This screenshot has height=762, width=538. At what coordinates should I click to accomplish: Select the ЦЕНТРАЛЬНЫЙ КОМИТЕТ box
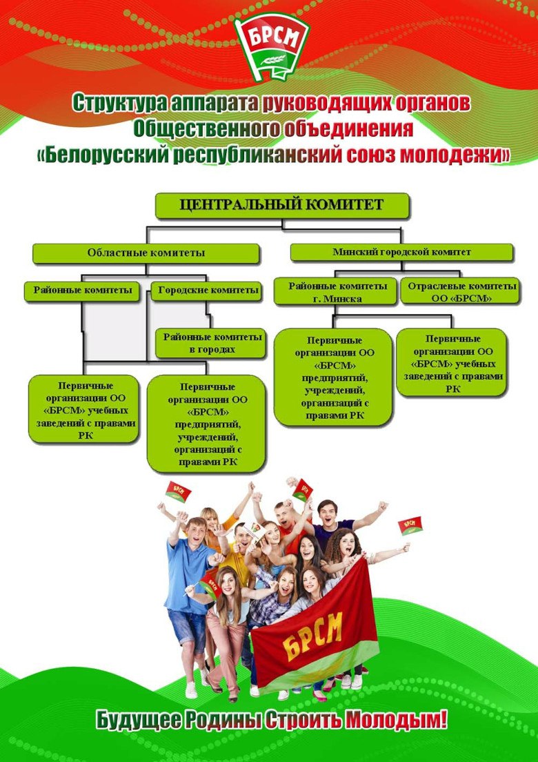[282, 205]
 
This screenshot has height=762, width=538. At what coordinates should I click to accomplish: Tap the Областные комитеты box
[146, 253]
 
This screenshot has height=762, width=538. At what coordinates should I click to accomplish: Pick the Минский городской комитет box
[401, 253]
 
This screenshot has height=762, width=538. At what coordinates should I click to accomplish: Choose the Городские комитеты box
[208, 291]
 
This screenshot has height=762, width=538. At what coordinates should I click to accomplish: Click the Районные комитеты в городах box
[210, 343]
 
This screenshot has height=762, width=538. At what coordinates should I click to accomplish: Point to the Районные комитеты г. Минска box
[335, 291]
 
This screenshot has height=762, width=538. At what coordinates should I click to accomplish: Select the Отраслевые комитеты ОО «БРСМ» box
[461, 291]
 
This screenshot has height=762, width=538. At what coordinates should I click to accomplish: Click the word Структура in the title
[119, 103]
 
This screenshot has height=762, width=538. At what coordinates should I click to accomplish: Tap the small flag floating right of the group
[410, 526]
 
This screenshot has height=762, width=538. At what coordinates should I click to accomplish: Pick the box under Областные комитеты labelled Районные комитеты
[83, 291]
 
